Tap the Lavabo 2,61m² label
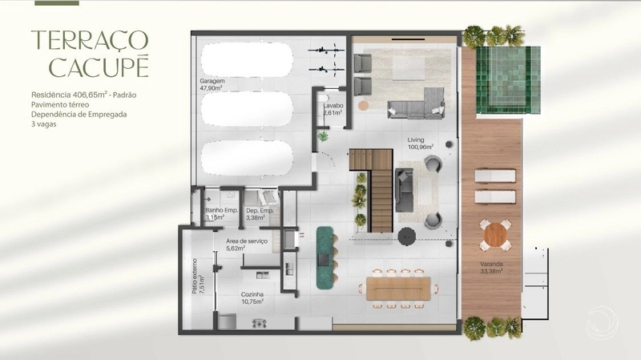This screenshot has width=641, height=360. point(333,109)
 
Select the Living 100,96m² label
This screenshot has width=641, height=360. point(420,143)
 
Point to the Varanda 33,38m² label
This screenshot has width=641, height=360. point(491,267)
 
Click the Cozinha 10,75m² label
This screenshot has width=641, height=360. point(252,297)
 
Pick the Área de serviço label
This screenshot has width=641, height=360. point(247,241)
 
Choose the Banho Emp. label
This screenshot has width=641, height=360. point(222,210)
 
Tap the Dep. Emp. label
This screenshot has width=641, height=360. point(260,210)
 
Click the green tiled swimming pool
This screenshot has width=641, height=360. point(508,79)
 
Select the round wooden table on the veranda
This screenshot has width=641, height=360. point(495,235)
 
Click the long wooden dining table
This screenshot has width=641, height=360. point(398,289)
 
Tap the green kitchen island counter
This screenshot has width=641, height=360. point(325,257)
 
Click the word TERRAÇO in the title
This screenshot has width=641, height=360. point(90,41)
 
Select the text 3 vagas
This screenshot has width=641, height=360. point(44,124)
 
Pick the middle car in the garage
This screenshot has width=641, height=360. point(247,109)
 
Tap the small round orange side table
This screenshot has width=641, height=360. point(364,105)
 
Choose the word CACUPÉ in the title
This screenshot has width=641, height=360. point(99,67)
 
